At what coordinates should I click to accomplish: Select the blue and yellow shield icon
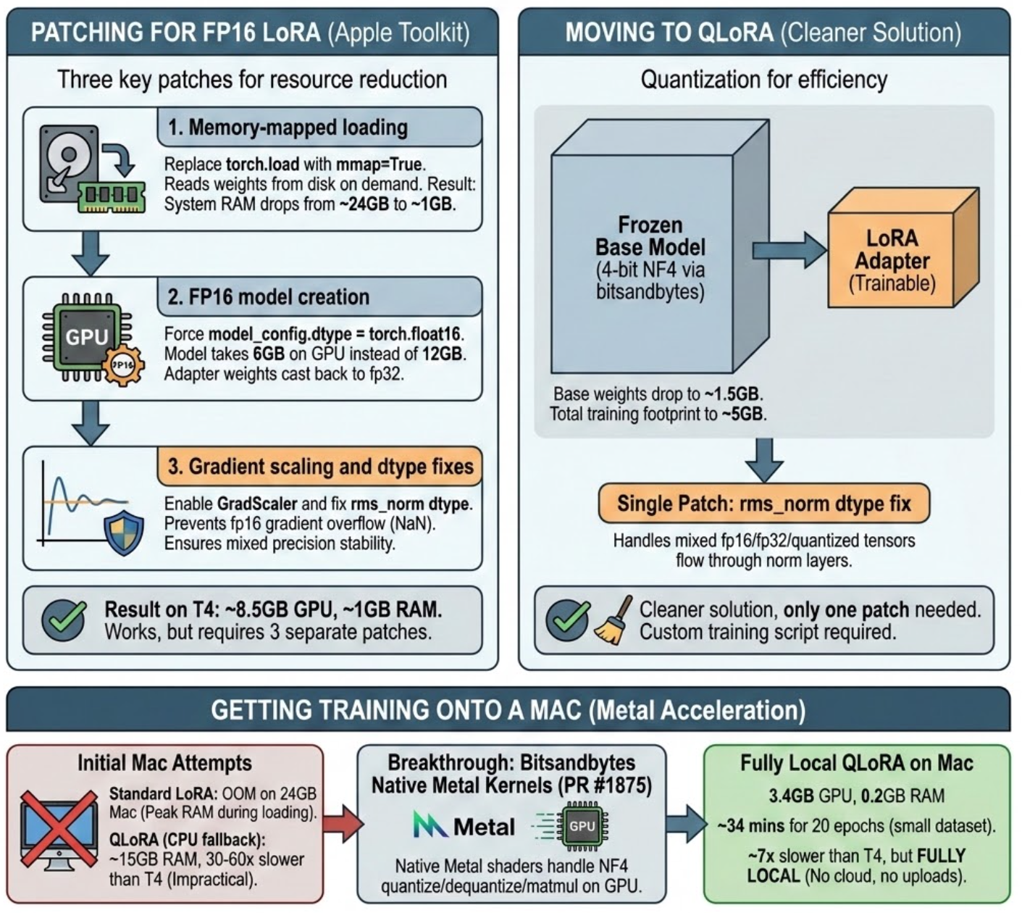pos(124,533)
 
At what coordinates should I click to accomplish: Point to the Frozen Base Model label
pos(650,235)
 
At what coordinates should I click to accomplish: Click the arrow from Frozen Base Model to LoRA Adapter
pos(789,251)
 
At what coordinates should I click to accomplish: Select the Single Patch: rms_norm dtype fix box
pos(763,504)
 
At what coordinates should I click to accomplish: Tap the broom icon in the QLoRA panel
pos(610,621)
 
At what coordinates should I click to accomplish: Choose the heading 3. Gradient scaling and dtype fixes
pos(320,466)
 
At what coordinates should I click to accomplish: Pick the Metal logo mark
pos(430,826)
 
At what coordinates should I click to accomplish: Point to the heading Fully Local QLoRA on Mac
pos(856,763)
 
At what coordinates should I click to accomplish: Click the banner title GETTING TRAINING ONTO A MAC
pos(397,710)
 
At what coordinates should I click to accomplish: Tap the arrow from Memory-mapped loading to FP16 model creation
pos(91,253)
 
